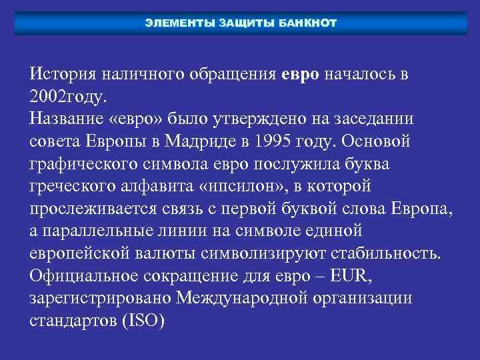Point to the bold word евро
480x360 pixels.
[301, 74]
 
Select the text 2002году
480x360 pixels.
[67, 97]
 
